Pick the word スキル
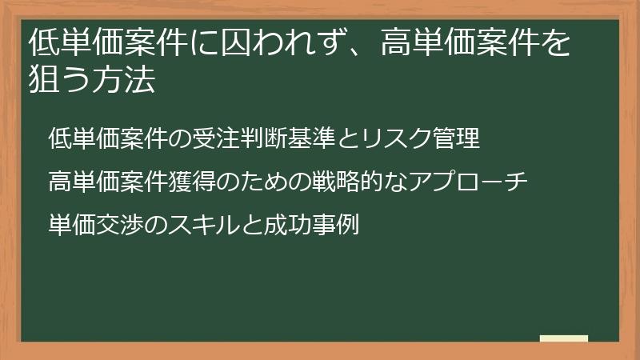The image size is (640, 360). tap(200, 225)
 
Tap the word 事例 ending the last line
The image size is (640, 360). tap(328, 225)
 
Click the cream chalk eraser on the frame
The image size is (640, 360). tap(564, 339)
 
